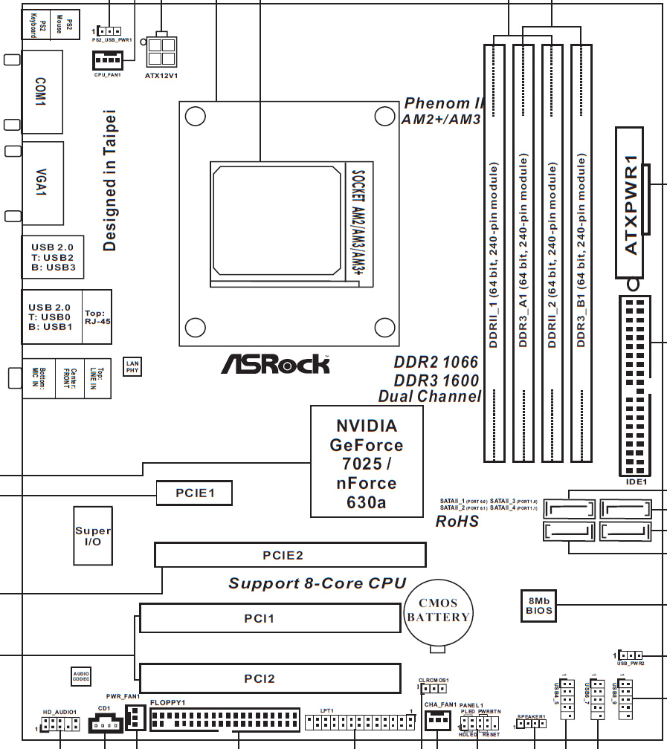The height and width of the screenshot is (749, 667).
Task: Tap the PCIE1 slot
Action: pos(194,493)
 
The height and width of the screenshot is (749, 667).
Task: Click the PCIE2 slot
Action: pos(290,555)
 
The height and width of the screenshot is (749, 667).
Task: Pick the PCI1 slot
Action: pos(268,618)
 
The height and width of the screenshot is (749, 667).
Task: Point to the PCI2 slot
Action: pos(268,678)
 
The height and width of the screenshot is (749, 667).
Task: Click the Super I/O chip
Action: pos(93,536)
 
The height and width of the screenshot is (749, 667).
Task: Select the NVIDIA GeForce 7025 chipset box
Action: pos(367,461)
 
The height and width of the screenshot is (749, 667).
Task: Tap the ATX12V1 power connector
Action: pos(162,51)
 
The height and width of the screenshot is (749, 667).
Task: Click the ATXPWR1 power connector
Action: pos(631,202)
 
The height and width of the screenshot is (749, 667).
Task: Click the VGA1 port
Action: pos(42,181)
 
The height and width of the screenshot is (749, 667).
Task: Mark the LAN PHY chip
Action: pos(132,365)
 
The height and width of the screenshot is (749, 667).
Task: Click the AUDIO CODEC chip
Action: pos(81,675)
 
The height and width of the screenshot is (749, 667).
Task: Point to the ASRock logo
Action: pos(275,363)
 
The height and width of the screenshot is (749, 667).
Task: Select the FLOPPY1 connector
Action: pos(224,719)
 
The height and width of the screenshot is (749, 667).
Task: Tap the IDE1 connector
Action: pos(634,386)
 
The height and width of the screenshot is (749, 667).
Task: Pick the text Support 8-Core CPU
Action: pos(317,583)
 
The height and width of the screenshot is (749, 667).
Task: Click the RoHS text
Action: pos(457,522)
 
